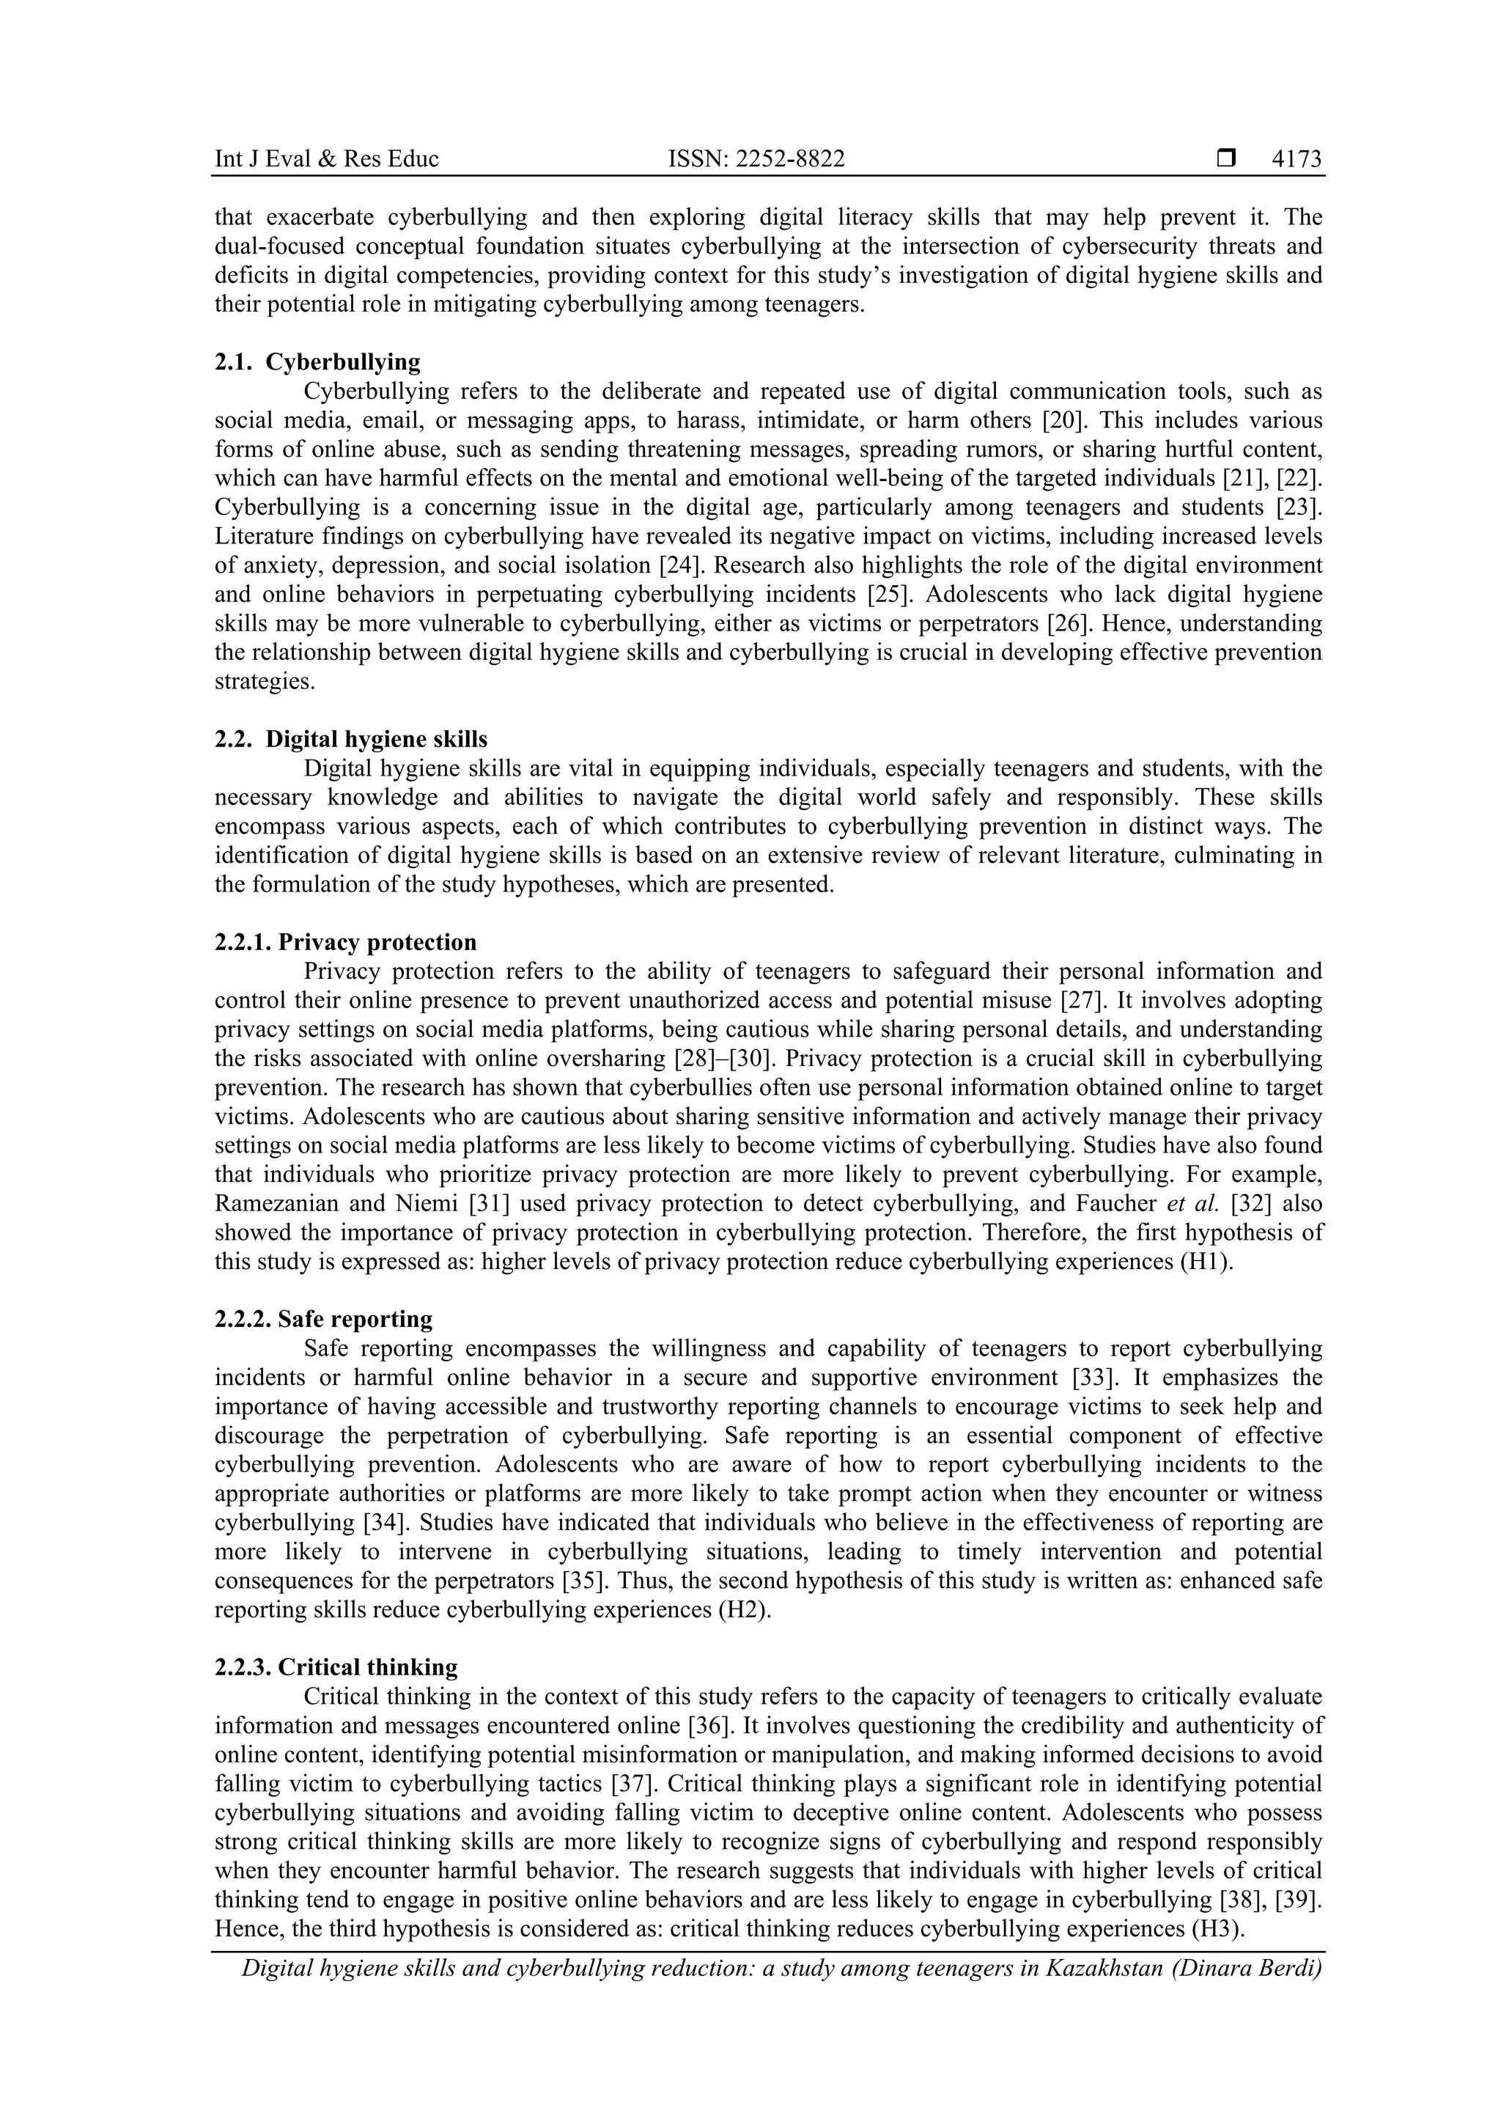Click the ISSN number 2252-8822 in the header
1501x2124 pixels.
coord(756,159)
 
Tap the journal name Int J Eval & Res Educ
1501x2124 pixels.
coord(326,159)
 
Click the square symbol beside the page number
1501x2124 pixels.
coord(1225,159)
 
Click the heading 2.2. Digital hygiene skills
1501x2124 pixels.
coord(350,739)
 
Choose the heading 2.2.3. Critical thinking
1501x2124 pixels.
coord(336,1667)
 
